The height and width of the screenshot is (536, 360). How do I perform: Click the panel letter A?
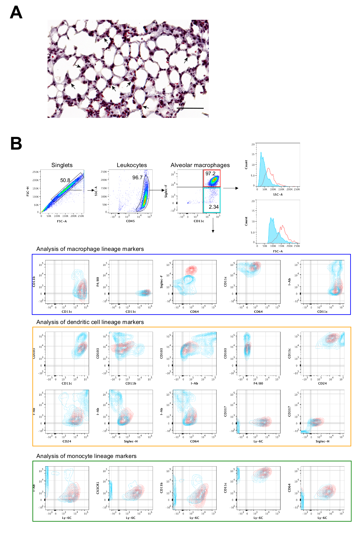[x=16, y=13]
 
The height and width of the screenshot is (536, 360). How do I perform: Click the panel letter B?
[x=16, y=143]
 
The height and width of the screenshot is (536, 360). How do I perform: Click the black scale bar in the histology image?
[x=190, y=108]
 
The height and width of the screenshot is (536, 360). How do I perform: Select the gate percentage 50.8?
[x=65, y=181]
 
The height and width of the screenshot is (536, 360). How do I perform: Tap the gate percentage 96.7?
[x=137, y=177]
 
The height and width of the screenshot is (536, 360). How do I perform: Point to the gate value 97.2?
[x=210, y=173]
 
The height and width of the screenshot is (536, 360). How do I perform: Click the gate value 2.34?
[x=213, y=207]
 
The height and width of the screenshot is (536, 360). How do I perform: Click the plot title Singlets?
[x=62, y=165]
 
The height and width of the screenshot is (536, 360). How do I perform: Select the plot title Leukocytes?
[x=132, y=165]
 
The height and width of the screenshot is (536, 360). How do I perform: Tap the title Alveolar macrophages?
[x=200, y=165]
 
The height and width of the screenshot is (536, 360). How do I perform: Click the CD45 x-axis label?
[x=130, y=221]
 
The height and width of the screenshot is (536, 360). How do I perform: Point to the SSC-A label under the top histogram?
[x=278, y=195]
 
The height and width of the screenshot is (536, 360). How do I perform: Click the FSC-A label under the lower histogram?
[x=278, y=251]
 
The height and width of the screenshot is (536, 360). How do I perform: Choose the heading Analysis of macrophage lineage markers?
[x=90, y=249]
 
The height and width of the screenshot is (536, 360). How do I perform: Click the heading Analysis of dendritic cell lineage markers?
[x=90, y=322]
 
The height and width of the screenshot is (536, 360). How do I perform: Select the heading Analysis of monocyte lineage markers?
[x=86, y=456]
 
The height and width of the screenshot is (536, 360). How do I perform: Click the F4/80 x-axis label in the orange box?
[x=258, y=383]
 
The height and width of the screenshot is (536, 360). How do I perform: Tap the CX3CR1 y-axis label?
[x=98, y=488]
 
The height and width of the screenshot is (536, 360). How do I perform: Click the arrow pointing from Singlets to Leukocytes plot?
[x=91, y=190]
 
